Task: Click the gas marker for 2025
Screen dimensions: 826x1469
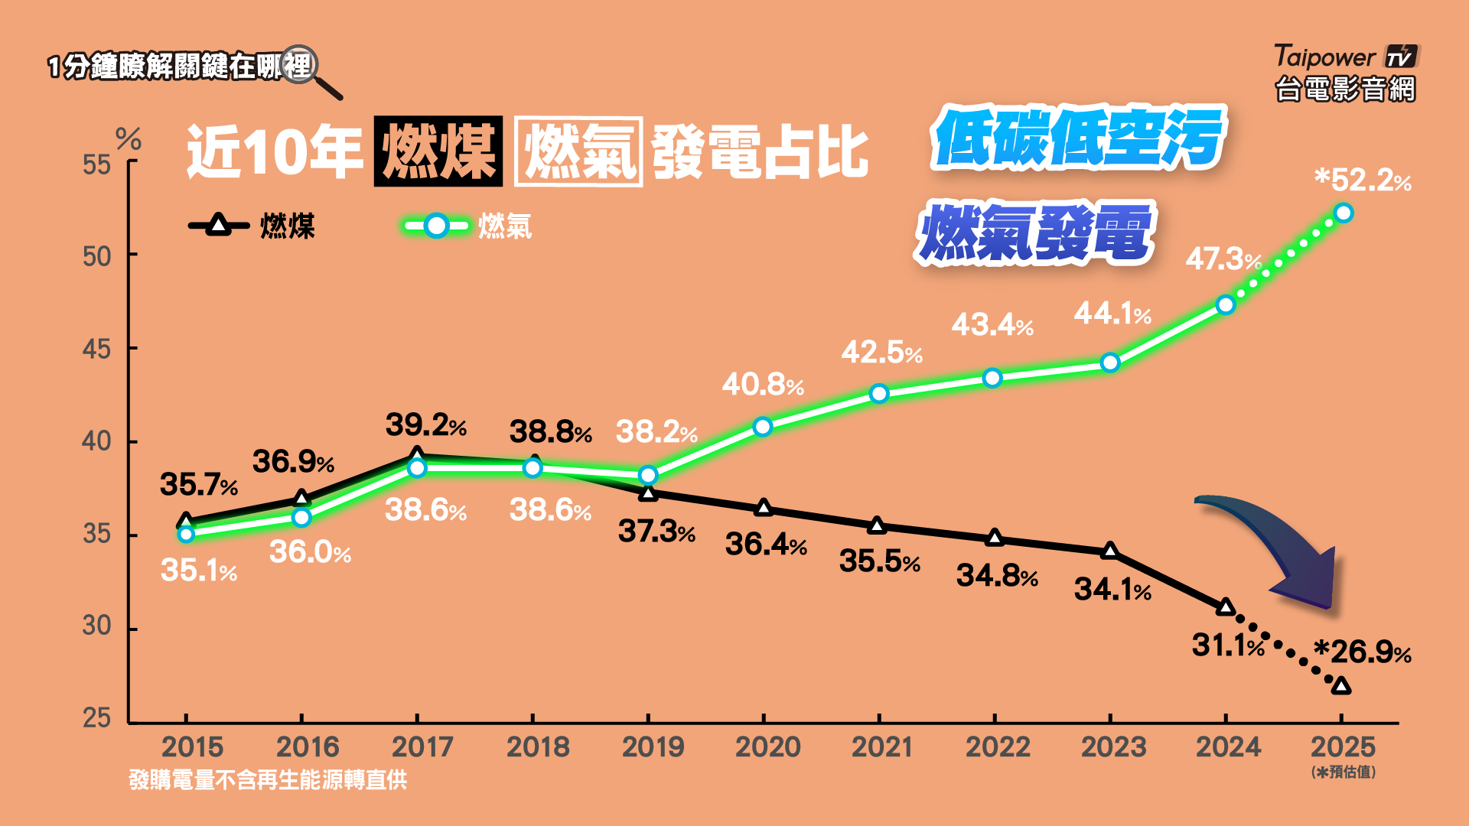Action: click(x=1343, y=213)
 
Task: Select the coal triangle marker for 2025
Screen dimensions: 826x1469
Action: click(x=1340, y=685)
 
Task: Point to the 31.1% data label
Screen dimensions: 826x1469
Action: click(x=1228, y=646)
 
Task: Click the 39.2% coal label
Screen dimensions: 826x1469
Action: click(x=425, y=425)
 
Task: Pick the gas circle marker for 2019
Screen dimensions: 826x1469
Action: click(x=648, y=475)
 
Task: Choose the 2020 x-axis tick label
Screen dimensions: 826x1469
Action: click(x=767, y=747)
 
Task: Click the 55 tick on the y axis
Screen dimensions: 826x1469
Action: click(x=97, y=164)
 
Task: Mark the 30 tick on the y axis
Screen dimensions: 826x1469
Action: click(x=97, y=626)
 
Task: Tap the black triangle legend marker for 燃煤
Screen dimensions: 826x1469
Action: click(x=219, y=225)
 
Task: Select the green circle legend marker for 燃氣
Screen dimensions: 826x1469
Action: click(x=436, y=226)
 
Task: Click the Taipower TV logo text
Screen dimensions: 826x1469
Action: click(x=1345, y=57)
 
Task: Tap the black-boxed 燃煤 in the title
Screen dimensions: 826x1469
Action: click(x=438, y=151)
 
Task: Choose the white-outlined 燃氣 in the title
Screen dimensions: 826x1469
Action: click(x=578, y=151)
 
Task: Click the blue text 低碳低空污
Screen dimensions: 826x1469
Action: click(x=1079, y=138)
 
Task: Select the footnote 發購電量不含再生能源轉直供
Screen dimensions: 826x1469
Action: click(x=268, y=780)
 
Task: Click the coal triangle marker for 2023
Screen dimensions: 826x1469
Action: click(x=1110, y=551)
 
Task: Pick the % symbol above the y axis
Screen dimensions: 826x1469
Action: click(x=128, y=139)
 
